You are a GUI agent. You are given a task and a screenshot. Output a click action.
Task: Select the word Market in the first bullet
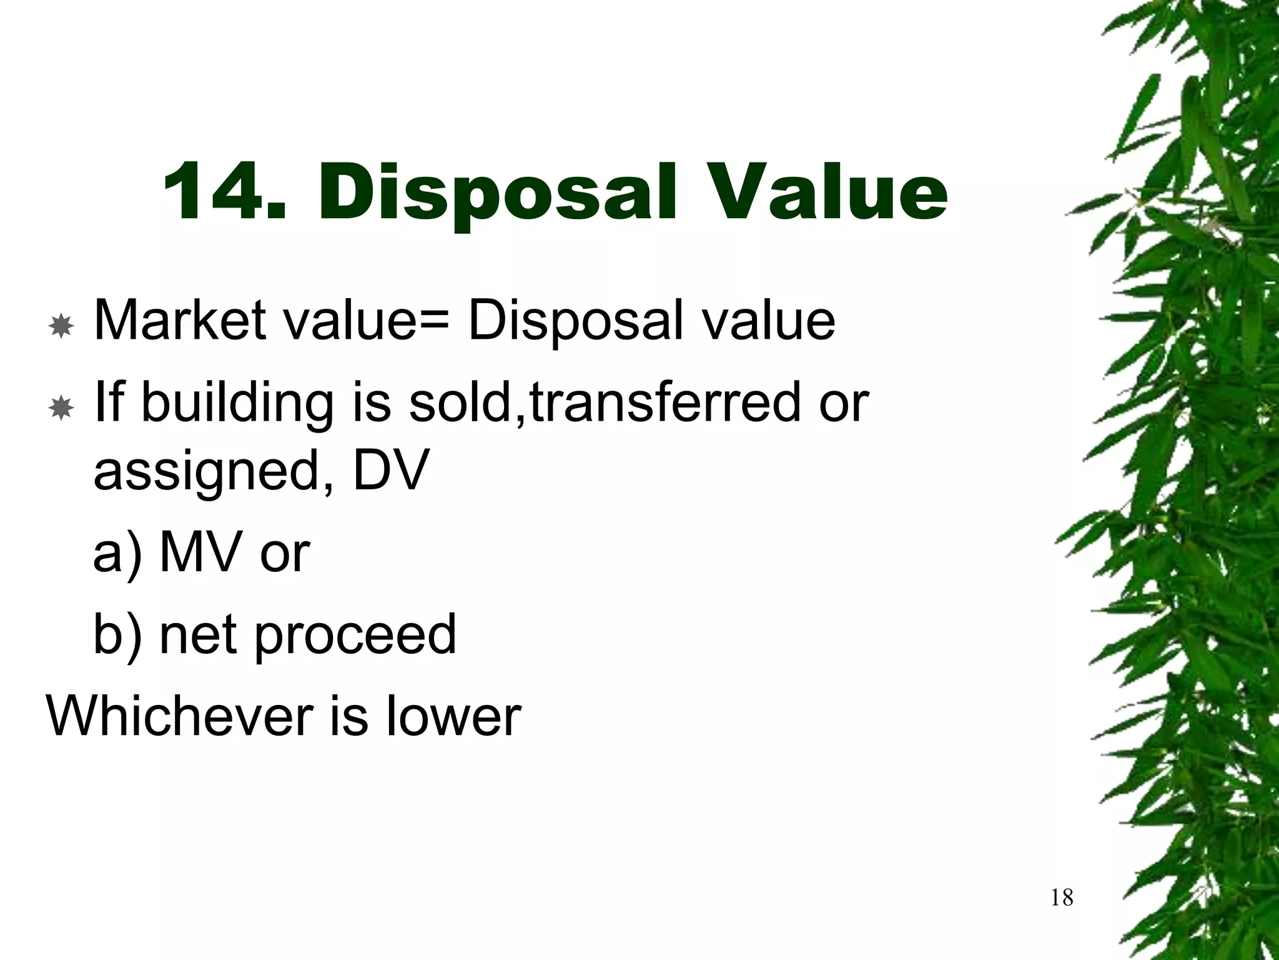(180, 320)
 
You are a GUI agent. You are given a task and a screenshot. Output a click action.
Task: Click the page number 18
(1062, 897)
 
